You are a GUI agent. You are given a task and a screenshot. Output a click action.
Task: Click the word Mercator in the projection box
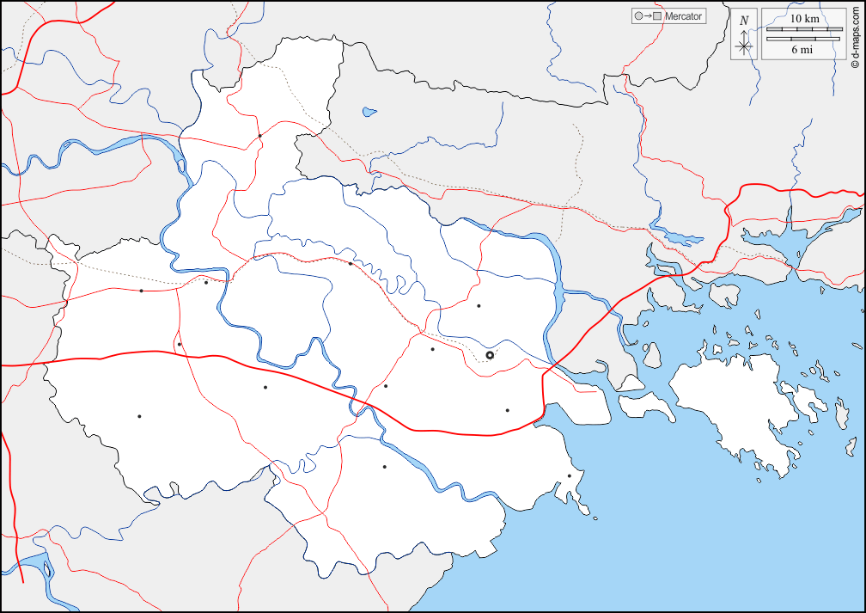point(683,16)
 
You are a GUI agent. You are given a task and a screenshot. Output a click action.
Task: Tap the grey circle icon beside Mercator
point(637,16)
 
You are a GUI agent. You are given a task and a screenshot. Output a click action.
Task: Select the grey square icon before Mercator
point(657,16)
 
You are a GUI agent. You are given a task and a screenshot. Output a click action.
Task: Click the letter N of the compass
point(744,20)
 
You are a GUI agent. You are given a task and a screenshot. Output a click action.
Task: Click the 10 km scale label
point(803,18)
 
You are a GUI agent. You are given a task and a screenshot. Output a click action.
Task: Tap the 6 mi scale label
point(802,50)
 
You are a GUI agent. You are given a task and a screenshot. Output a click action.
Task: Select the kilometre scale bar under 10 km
point(803,29)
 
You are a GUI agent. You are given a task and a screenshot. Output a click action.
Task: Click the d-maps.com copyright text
point(854,36)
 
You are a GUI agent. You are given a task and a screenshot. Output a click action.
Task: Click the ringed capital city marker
point(490,355)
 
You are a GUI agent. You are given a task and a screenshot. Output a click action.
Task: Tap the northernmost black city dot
point(259,135)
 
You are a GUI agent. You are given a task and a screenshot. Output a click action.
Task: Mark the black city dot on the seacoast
point(570,475)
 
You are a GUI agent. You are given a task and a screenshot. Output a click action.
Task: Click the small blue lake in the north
point(369,112)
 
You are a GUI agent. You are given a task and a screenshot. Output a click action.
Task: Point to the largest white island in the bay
point(730,404)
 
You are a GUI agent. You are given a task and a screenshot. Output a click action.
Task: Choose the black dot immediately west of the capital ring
point(433,349)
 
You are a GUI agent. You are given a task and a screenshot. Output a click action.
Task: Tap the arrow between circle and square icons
point(647,16)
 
